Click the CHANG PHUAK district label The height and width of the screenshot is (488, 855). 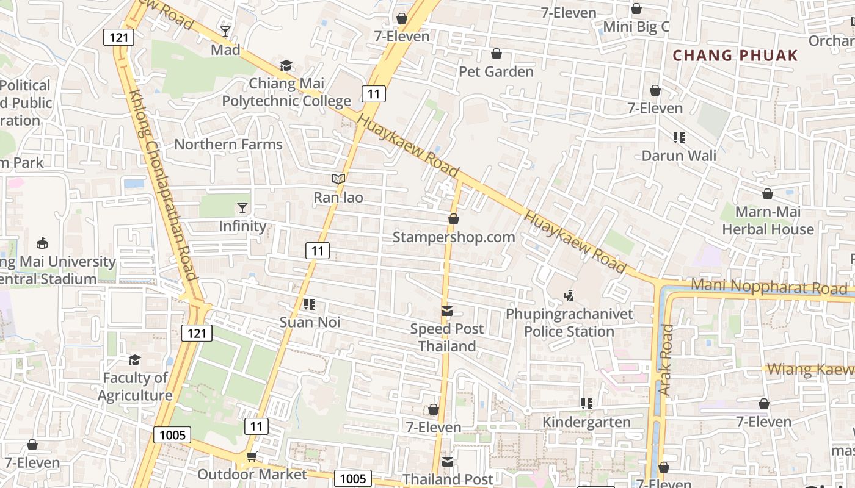coord(735,56)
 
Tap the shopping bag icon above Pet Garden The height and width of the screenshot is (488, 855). coord(497,54)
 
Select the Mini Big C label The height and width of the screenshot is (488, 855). coord(636,27)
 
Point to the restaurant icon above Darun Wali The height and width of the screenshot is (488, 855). coord(679,138)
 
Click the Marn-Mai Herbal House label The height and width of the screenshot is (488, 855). coord(768,221)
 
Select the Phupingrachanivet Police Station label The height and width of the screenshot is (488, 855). coord(569,323)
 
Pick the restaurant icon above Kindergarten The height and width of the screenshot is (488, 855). coord(587,403)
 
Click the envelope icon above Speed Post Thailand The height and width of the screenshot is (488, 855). coord(447,312)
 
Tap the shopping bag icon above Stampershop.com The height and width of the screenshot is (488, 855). coord(453,219)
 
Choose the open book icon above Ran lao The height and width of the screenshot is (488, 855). coord(338,179)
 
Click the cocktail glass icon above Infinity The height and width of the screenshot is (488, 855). coord(242,208)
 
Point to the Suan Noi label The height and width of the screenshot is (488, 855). coord(310,321)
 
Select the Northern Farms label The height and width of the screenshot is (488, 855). coord(228,145)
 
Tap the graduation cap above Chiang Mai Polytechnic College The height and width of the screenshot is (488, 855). coord(286,65)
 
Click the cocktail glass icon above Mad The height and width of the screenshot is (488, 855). coord(225,32)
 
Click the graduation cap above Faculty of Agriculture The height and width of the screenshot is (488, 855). coord(134,360)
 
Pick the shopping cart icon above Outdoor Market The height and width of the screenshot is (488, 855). coord(251,456)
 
